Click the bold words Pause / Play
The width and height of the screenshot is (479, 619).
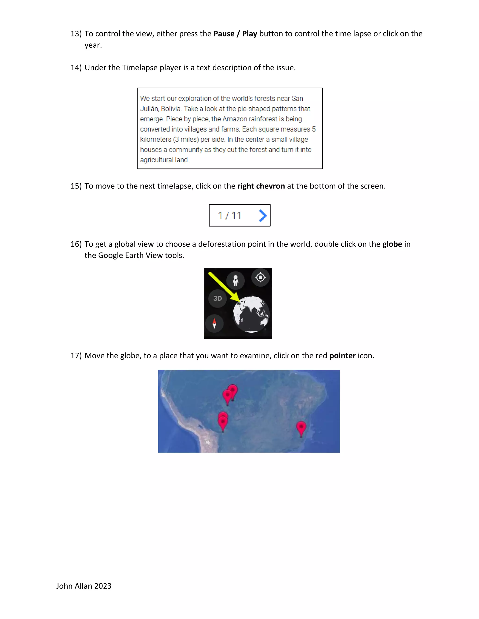tap(235, 34)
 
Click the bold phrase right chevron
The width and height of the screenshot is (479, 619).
tap(261, 186)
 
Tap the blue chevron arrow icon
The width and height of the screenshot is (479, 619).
tap(263, 216)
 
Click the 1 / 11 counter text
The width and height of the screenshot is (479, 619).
tap(230, 216)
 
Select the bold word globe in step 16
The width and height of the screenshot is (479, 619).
tap(392, 244)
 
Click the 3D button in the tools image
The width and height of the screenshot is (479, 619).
tap(217, 299)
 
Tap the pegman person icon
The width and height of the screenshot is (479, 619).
tap(236, 280)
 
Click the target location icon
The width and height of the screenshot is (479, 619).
tap(260, 277)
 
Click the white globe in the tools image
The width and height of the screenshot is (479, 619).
tap(251, 314)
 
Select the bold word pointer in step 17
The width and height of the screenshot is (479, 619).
tap(342, 356)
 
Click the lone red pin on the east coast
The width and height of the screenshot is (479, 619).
tap(301, 428)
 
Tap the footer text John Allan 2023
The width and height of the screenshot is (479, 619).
tap(84, 586)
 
